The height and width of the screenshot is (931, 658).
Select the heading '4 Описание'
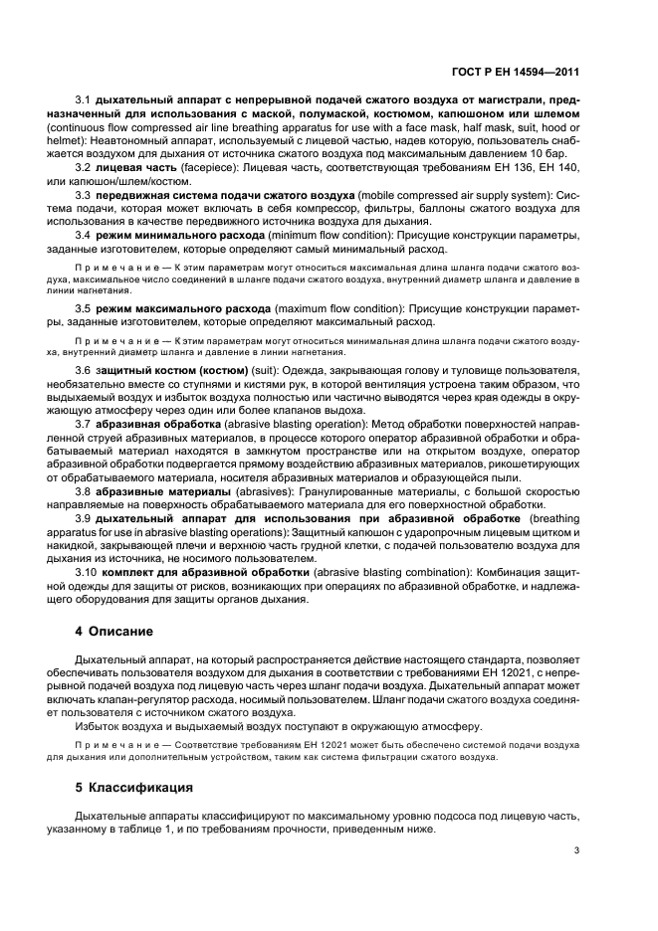114,632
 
